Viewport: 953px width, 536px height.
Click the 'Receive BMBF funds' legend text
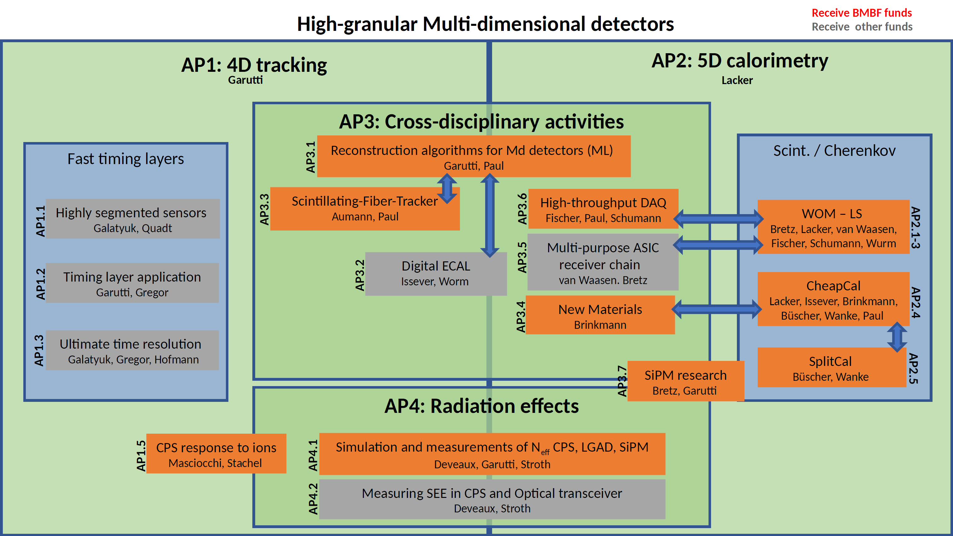point(861,13)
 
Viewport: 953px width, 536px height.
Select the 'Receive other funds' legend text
point(862,27)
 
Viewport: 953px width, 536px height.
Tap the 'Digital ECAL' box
point(435,274)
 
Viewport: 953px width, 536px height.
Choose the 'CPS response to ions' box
point(216,454)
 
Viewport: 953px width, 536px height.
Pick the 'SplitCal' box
point(831,368)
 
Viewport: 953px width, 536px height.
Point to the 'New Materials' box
point(600,316)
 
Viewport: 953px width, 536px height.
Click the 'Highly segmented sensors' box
point(132,219)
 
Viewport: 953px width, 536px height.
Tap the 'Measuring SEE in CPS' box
point(492,499)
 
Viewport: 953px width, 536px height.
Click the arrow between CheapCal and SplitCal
point(897,337)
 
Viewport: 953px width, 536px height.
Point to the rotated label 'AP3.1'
point(311,157)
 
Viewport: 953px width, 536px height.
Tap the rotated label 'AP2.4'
point(915,303)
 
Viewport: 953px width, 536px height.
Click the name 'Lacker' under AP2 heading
point(737,80)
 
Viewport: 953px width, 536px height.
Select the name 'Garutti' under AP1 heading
point(245,80)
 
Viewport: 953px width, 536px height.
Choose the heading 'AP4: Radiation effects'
point(481,406)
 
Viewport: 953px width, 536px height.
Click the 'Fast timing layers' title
point(125,159)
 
